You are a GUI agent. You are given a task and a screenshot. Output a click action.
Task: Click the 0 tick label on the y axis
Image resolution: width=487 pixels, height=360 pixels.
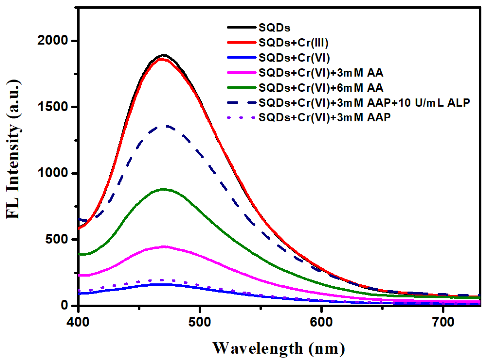64,305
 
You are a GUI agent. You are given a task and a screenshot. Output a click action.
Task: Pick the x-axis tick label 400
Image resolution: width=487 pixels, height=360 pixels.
78,322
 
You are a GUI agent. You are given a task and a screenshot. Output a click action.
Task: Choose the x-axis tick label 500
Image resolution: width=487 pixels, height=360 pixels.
200,322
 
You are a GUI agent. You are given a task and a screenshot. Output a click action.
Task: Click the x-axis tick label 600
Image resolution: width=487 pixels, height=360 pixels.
321,322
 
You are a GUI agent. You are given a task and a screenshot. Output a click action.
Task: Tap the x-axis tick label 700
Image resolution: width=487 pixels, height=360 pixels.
443,322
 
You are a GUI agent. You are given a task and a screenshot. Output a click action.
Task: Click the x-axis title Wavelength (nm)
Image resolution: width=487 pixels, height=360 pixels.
279,348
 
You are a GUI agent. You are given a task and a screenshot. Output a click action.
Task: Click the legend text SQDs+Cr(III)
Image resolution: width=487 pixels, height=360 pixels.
293,43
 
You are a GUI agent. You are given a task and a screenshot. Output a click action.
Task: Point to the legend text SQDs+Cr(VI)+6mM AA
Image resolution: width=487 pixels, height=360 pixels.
321,88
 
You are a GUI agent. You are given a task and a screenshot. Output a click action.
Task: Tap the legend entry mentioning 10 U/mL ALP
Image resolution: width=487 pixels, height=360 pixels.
364,103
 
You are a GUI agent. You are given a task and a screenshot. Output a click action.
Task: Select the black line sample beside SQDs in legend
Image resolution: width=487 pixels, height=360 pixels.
241,27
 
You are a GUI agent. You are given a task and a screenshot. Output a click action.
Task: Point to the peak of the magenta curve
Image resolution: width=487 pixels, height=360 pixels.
164,247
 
